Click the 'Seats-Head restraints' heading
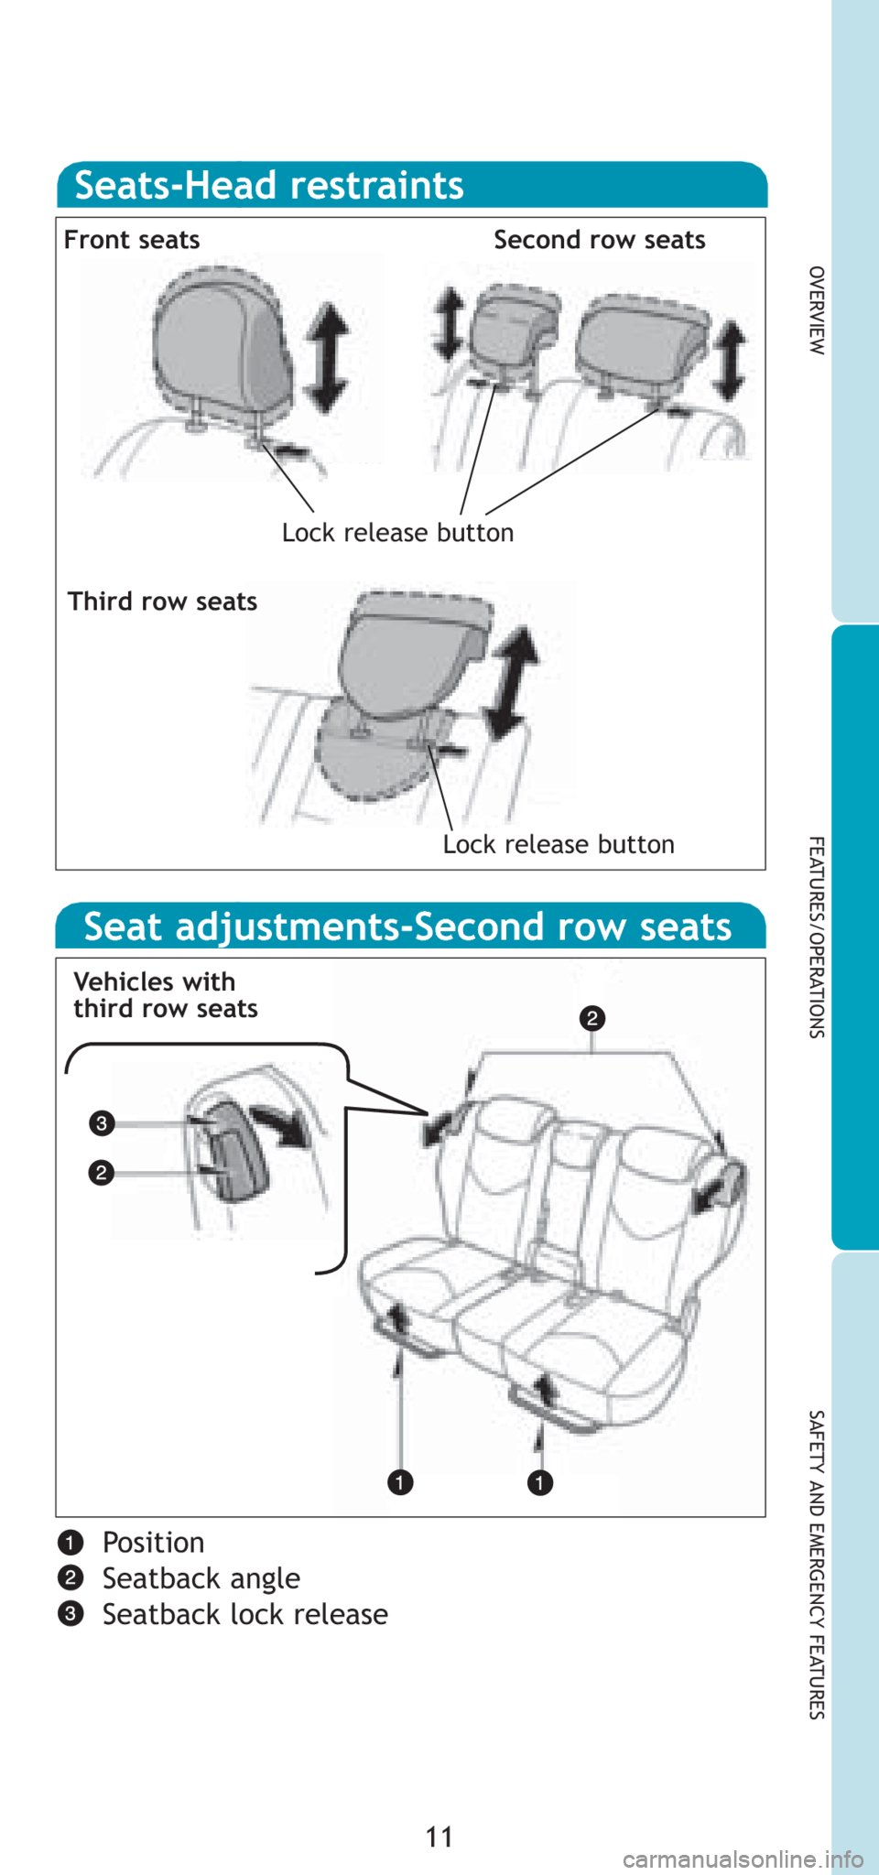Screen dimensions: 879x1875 click(x=269, y=185)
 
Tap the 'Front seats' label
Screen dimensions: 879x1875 click(x=132, y=240)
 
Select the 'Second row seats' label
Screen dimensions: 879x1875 click(x=600, y=240)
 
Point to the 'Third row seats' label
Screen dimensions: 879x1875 click(x=162, y=602)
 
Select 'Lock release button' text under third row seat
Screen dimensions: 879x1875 click(x=559, y=844)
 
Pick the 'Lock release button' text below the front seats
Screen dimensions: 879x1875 click(x=397, y=533)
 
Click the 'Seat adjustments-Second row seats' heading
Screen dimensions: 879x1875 click(x=407, y=927)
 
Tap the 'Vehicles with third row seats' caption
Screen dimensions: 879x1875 click(x=166, y=995)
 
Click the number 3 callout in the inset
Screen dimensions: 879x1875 click(x=102, y=1123)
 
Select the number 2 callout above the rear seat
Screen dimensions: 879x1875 click(x=592, y=1018)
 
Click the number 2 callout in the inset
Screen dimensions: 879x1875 click(x=102, y=1173)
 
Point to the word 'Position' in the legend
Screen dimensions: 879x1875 click(x=153, y=1543)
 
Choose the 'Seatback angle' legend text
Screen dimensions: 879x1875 click(x=201, y=1578)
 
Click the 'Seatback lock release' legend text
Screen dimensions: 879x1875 click(x=245, y=1614)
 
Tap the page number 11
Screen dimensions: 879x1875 click(x=439, y=1837)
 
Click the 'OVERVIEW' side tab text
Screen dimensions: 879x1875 click(x=817, y=310)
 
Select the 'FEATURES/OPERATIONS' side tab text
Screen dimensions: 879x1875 click(x=817, y=937)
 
